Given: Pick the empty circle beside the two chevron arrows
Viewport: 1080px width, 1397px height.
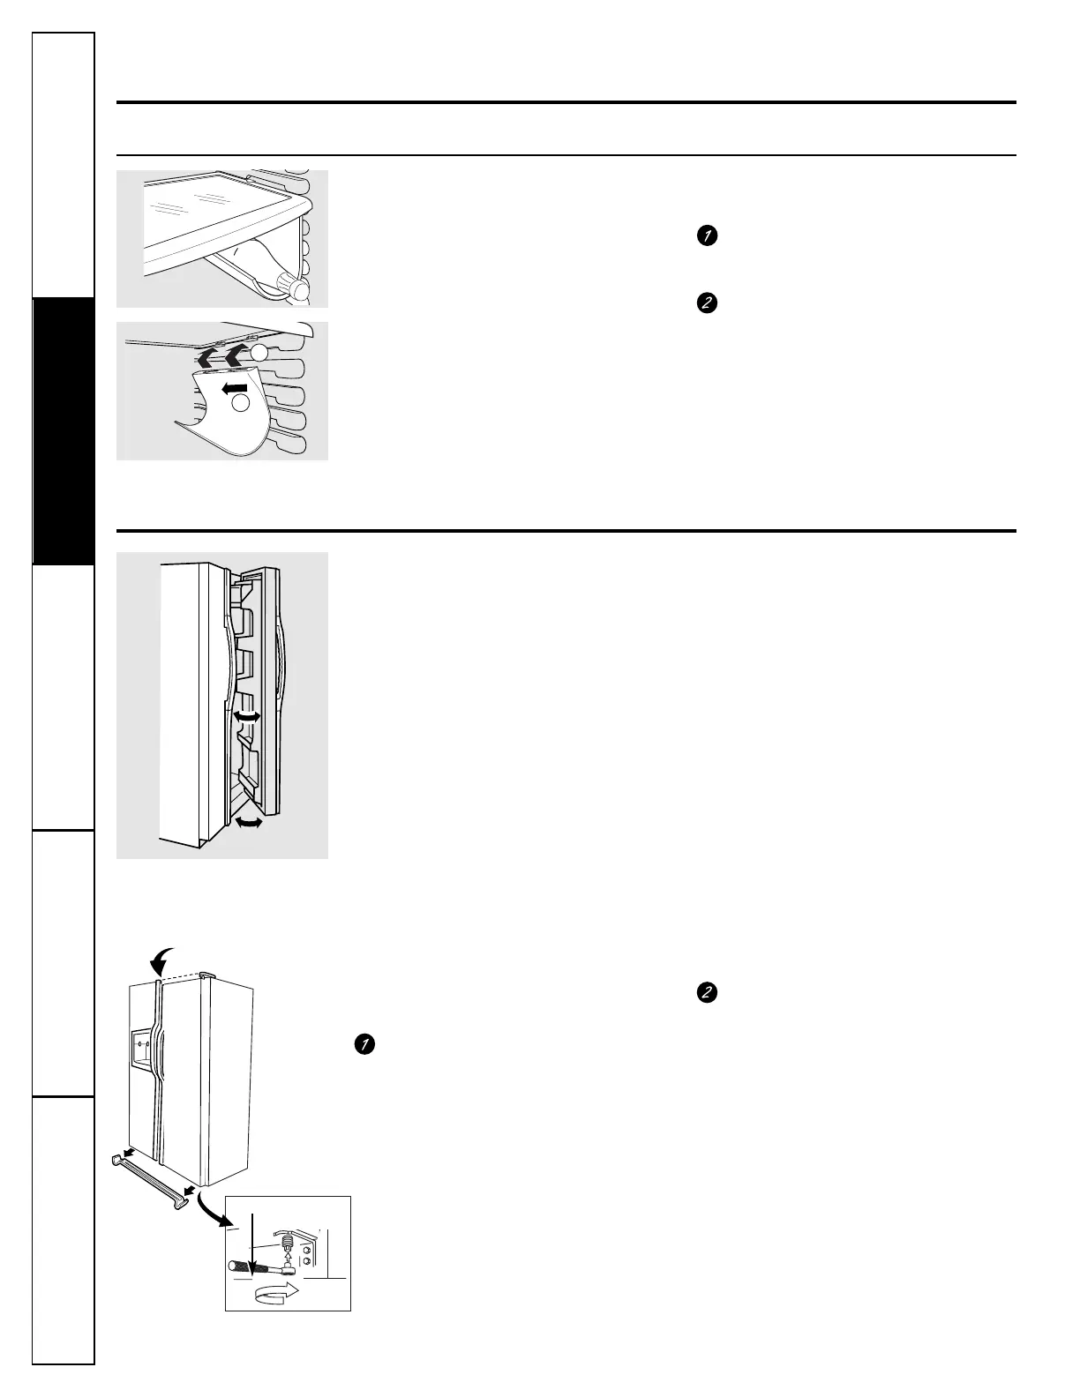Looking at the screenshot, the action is [257, 352].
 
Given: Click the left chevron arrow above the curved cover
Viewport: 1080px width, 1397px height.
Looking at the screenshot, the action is [207, 357].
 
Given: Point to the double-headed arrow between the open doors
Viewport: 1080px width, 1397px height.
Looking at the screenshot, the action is [245, 719].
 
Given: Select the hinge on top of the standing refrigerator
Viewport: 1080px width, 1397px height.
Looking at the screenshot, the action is [204, 975].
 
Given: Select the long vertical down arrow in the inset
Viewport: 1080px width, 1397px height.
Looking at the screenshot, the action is [253, 1243].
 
